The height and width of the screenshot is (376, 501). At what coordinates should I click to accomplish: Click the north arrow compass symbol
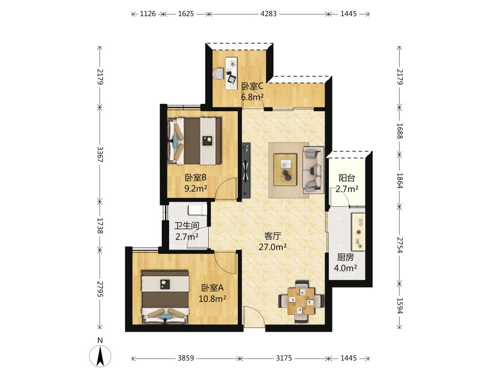[x=100, y=356]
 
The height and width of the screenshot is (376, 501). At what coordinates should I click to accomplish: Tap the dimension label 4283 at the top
[x=268, y=14]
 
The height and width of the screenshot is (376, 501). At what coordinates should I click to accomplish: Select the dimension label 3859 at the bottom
[x=186, y=358]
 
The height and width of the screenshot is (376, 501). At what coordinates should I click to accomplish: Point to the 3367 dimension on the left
[x=100, y=155]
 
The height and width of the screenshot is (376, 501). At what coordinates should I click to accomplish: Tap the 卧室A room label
[x=212, y=288]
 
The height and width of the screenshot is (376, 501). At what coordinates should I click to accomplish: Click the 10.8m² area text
[x=212, y=299]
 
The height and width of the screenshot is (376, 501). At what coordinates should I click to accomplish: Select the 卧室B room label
[x=196, y=178]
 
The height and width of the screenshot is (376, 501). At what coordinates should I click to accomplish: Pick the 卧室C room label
[x=252, y=86]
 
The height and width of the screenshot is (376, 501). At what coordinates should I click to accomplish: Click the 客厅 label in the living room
[x=272, y=236]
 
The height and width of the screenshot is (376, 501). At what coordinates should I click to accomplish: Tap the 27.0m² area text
[x=272, y=247]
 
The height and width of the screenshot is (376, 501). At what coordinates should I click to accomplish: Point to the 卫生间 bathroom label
[x=187, y=226]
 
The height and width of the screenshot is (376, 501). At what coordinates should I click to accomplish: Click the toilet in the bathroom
[x=197, y=210]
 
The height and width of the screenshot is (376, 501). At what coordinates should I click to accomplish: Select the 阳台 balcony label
[x=347, y=178]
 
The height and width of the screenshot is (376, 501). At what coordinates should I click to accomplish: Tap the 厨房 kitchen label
[x=345, y=257]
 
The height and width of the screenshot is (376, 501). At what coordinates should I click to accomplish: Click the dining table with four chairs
[x=301, y=301]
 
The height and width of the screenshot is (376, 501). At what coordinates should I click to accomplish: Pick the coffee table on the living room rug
[x=285, y=169]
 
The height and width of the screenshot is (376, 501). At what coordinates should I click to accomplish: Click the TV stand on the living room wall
[x=246, y=170]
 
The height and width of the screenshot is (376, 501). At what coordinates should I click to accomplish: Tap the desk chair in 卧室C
[x=219, y=73]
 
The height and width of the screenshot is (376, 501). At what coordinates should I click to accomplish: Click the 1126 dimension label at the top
[x=148, y=14]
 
